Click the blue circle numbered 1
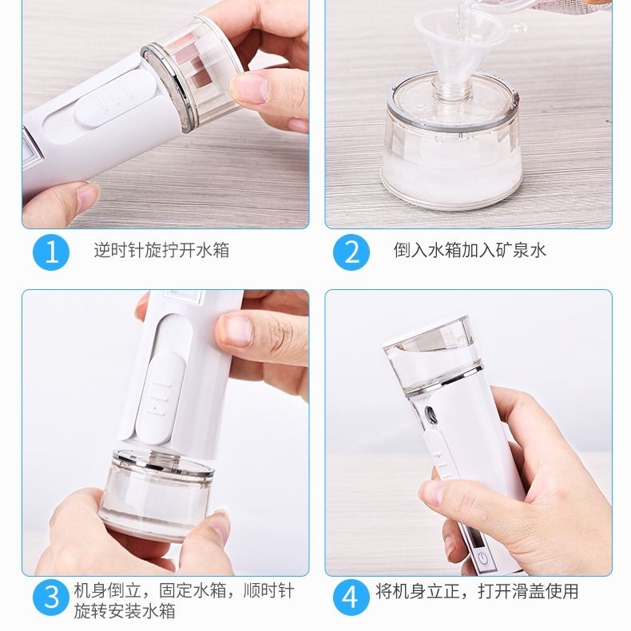(51, 252)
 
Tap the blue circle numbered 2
(351, 252)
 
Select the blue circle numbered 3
(51, 597)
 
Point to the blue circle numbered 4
(351, 597)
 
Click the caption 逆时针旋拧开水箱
(161, 250)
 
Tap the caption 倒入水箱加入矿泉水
(470, 250)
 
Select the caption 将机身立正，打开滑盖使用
(477, 591)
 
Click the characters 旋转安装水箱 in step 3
(125, 611)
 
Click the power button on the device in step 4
(483, 558)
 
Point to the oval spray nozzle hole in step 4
(431, 415)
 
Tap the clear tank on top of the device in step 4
(433, 355)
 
